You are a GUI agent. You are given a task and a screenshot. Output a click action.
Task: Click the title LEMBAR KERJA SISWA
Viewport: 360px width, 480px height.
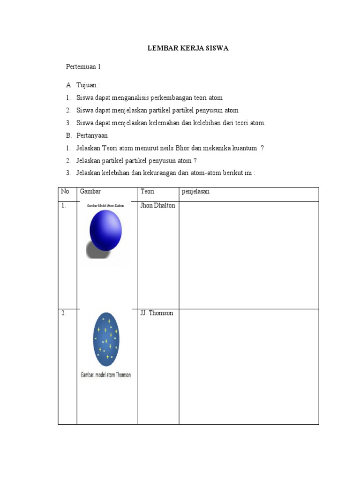click(188, 48)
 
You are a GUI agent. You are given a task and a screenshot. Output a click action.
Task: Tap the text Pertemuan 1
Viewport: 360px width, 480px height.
click(83, 67)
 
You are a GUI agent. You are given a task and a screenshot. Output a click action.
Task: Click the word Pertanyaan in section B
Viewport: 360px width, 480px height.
click(92, 135)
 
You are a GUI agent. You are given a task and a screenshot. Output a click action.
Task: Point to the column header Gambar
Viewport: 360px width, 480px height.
click(90, 192)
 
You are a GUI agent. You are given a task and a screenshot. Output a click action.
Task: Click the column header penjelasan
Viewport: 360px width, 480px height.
click(195, 192)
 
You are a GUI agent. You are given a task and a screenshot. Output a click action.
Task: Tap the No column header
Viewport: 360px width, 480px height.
click(65, 192)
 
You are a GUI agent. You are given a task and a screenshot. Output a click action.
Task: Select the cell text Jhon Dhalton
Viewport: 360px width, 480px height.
click(157, 205)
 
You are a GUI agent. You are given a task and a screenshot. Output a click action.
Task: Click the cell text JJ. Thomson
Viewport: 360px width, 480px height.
click(157, 313)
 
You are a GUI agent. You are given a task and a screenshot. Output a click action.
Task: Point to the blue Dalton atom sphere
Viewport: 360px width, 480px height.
click(106, 230)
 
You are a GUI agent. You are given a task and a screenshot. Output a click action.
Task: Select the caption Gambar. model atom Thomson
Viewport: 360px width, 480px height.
click(105, 375)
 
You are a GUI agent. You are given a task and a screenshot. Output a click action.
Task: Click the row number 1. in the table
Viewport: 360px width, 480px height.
click(63, 205)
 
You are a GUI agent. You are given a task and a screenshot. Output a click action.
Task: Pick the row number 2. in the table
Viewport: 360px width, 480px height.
click(63, 313)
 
